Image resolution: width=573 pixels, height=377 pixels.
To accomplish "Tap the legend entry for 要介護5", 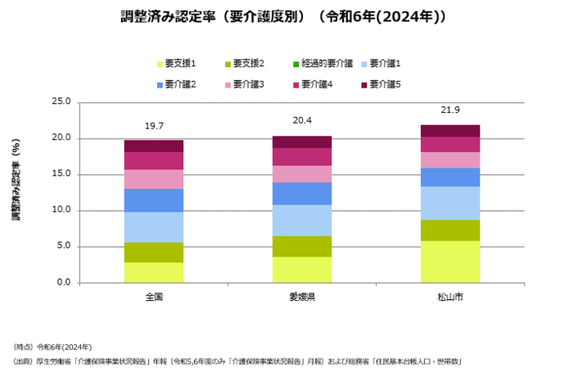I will click(385, 83).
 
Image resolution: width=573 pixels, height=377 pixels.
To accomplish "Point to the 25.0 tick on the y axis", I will click(61, 102).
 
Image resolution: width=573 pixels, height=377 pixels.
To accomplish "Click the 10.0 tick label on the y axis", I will click(61, 210).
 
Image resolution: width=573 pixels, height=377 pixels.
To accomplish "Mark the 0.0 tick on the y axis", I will click(63, 283).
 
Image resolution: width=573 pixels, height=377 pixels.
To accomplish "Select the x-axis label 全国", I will click(154, 296).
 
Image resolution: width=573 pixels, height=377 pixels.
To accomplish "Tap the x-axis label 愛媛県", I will click(302, 296).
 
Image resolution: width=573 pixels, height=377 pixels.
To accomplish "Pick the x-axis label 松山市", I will click(449, 296).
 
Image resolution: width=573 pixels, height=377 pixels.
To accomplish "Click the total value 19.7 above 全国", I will click(154, 126).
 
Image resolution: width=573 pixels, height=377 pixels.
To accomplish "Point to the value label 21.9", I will click(449, 110).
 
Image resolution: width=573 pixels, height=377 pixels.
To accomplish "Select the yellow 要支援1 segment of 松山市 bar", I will click(449, 262).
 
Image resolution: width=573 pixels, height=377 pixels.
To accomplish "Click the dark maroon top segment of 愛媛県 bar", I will click(302, 141).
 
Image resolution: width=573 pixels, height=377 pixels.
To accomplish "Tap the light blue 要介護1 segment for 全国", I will click(154, 227).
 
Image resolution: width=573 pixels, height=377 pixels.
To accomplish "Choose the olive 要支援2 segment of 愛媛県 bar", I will click(302, 246).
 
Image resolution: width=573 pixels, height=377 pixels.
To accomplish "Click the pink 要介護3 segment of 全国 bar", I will click(154, 179).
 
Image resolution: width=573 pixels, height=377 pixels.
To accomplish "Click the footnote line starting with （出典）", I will click(237, 361).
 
